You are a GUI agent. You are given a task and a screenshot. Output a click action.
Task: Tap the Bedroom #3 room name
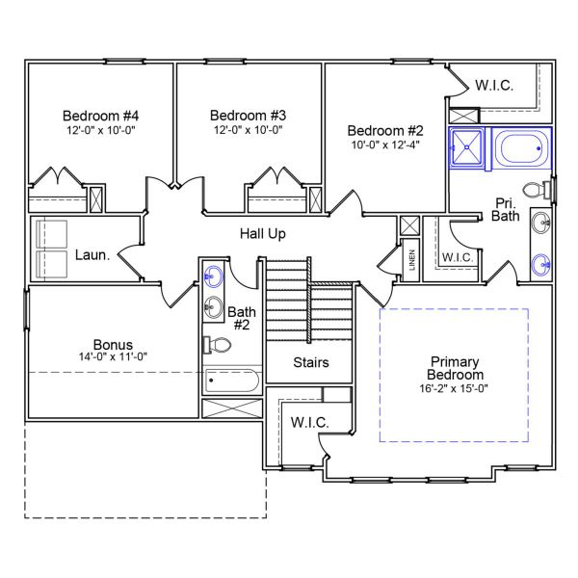pos(248,114)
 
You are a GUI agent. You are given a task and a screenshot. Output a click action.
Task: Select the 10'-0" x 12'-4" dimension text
pos(385,145)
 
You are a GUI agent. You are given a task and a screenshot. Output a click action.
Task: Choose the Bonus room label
pos(113,344)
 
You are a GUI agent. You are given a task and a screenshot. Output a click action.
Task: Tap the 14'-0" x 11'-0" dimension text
pos(113,356)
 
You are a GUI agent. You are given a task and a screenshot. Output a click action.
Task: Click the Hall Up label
pos(262,234)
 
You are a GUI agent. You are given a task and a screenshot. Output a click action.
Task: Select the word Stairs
pos(311,363)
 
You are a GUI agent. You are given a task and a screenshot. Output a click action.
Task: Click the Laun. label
pos(92,255)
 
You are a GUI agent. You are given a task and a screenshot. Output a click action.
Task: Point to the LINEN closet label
pos(411,260)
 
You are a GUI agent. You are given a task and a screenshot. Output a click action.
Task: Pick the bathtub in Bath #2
pos(232,381)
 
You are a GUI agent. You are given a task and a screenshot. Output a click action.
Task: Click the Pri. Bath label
pos(507,209)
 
